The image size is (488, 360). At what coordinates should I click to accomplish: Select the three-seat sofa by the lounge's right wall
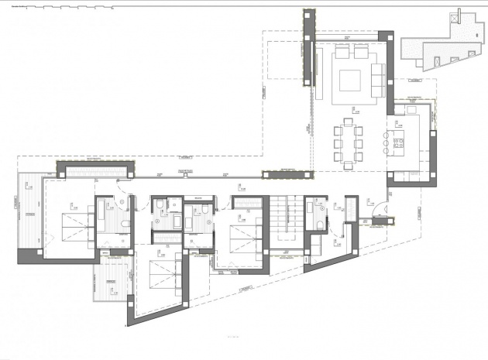(x=378, y=79)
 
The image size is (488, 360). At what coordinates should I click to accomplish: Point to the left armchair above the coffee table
(x=342, y=52)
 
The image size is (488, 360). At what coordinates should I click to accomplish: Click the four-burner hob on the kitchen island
(x=400, y=141)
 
